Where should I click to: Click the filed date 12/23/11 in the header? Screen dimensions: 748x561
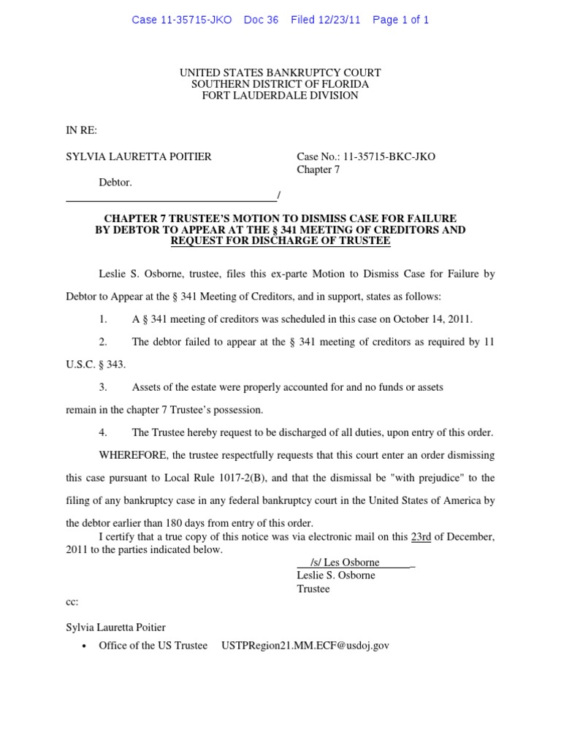[340, 20]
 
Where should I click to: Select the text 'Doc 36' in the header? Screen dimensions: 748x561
[262, 20]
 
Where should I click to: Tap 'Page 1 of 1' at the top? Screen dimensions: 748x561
[400, 20]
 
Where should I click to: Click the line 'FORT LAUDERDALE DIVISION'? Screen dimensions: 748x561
[280, 96]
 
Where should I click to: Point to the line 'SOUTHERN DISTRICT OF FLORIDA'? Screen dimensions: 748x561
[280, 85]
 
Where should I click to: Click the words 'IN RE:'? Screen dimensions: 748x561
[82, 130]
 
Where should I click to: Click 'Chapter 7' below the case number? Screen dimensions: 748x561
[318, 170]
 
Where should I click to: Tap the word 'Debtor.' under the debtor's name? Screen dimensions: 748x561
[115, 183]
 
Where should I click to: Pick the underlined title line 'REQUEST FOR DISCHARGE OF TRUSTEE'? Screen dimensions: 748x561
[280, 241]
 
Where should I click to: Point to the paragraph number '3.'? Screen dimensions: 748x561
[103, 387]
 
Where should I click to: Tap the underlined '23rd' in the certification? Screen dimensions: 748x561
[421, 538]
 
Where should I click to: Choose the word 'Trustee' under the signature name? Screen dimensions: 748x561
[313, 589]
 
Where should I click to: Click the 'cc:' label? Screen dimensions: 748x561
[72, 603]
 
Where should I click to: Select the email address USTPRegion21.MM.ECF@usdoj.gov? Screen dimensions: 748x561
[305, 646]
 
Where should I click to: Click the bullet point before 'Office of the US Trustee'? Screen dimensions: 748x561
[86, 647]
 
